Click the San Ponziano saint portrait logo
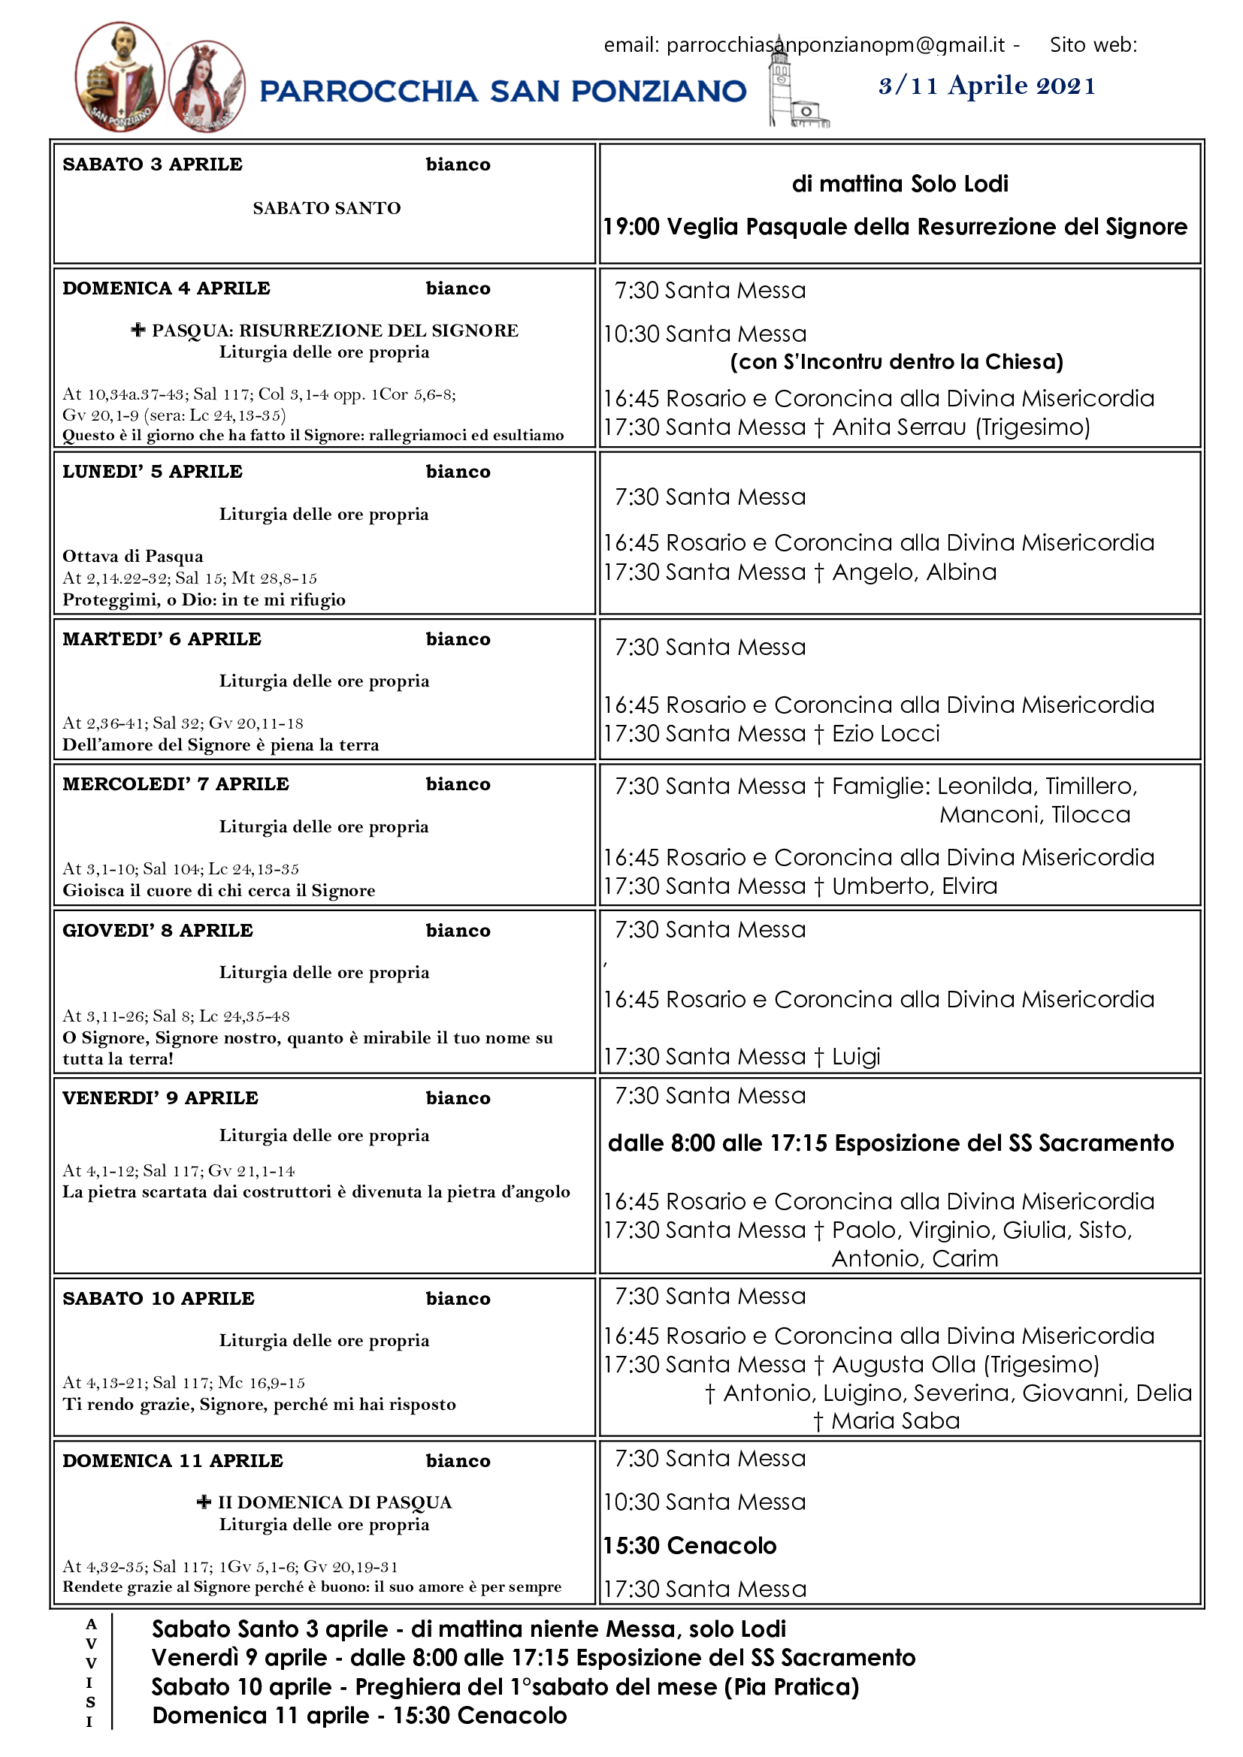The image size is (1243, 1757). [x=119, y=77]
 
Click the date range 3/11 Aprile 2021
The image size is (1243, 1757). [x=987, y=86]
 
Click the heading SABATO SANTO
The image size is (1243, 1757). [x=327, y=208]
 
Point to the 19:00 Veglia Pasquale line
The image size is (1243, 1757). [x=895, y=227]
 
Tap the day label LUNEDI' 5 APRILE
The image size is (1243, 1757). [x=153, y=472]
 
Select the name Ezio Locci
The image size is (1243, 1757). [x=885, y=734]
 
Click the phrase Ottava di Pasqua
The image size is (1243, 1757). [x=133, y=557]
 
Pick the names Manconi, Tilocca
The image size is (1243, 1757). [x=1035, y=815]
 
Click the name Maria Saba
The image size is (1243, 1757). [x=895, y=1421]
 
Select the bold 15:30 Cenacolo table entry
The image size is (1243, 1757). [x=690, y=1546]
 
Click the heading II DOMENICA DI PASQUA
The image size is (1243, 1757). [x=334, y=1502]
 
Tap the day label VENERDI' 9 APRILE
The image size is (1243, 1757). [x=161, y=1098]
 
